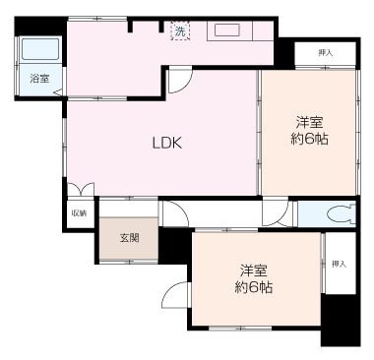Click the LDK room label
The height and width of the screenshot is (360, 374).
coord(166,142)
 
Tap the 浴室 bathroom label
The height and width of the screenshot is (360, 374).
coord(38,78)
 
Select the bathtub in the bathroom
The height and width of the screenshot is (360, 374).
coord(38,49)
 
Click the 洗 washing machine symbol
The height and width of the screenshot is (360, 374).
coord(180,30)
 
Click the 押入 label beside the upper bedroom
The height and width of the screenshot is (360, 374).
coord(324,52)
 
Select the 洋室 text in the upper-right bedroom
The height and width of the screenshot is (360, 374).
coord(310,122)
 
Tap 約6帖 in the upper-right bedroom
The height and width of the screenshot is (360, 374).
coord(310,140)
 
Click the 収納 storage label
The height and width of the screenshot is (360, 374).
coord(78,212)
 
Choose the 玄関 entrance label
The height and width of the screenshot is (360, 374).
coord(129,237)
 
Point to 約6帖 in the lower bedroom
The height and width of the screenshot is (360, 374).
coord(254,287)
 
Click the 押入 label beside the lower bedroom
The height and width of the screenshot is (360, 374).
coord(339,264)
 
